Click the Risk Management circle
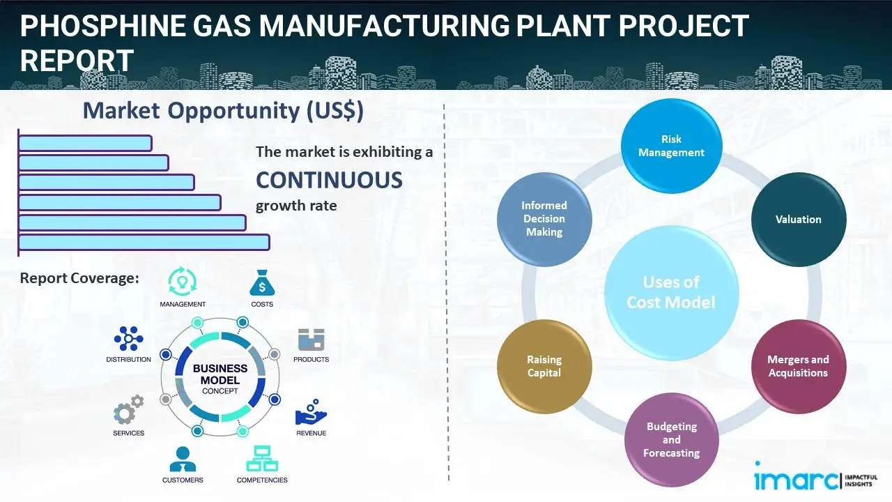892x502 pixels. click(x=671, y=146)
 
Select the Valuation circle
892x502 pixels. click(x=798, y=220)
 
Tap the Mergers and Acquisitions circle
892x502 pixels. click(x=798, y=366)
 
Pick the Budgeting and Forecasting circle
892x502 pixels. click(x=671, y=439)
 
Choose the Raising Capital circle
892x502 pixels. click(x=544, y=366)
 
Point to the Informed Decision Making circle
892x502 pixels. click(x=544, y=219)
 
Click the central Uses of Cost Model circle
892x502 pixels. click(x=671, y=292)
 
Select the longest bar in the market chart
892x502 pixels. click(x=144, y=242)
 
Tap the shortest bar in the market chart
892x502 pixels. click(x=85, y=143)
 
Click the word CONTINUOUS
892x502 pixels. click(x=329, y=181)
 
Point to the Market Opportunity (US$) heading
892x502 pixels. click(x=223, y=111)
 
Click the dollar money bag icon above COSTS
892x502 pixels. click(x=261, y=282)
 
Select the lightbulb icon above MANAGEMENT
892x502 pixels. click(x=182, y=281)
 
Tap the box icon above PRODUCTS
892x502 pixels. click(x=312, y=340)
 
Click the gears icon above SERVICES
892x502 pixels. click(x=128, y=411)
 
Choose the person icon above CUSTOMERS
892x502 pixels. click(x=183, y=459)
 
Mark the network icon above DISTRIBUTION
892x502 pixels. click(x=128, y=339)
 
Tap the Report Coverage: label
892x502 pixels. click(x=79, y=278)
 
